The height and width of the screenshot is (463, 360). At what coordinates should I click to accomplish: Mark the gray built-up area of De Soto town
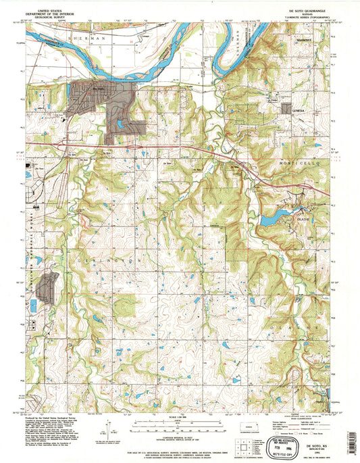(101, 95)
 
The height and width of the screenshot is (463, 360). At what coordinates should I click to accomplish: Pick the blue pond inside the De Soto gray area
(119, 124)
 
